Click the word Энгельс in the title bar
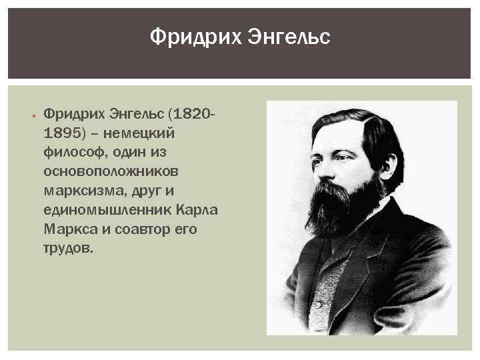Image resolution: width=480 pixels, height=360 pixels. (x=289, y=36)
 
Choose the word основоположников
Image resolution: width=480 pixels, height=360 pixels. (x=111, y=171)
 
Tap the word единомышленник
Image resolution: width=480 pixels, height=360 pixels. (x=107, y=209)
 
